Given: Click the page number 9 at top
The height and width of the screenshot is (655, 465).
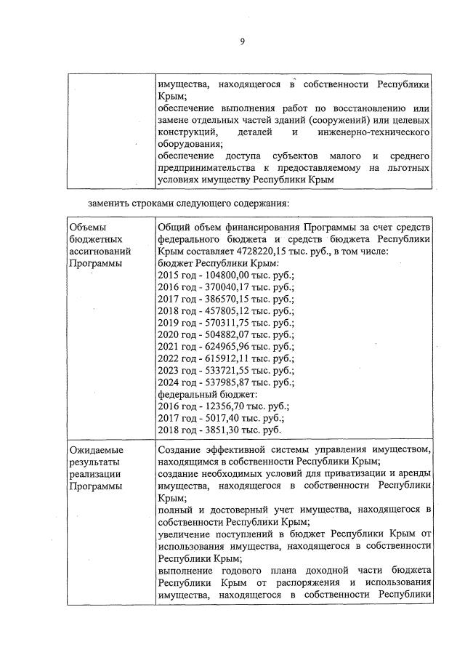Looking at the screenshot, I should click(242, 41).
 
